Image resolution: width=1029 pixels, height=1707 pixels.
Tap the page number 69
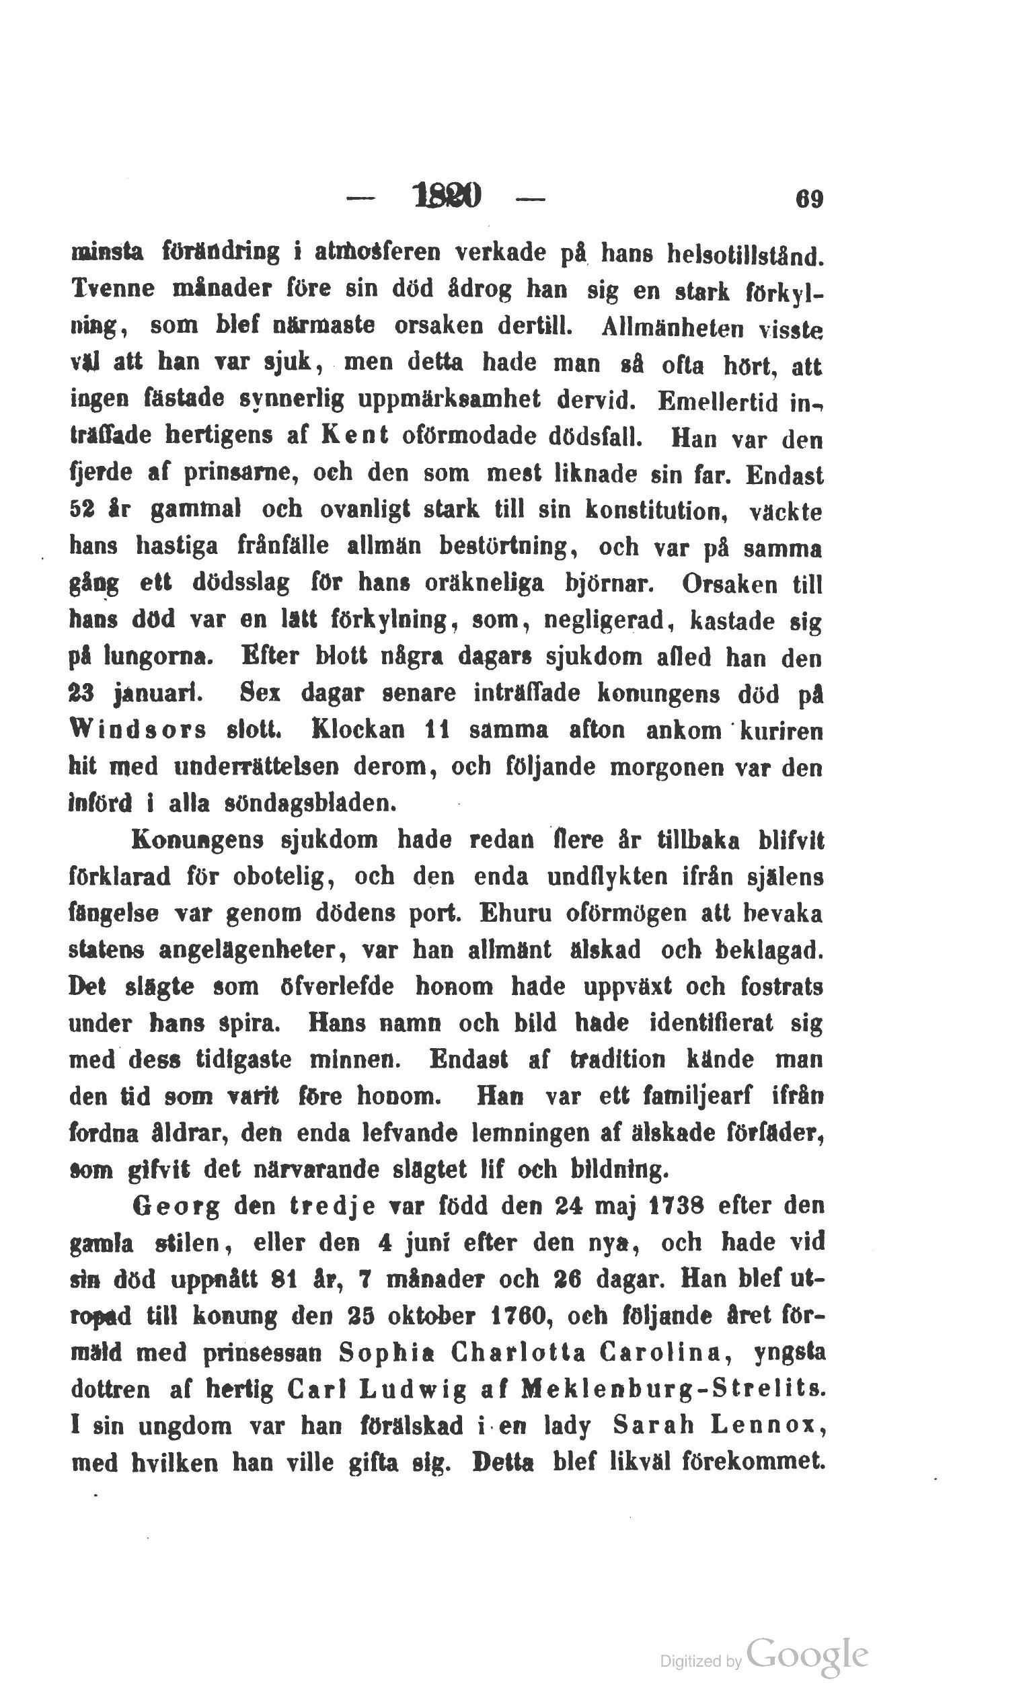pos(808,200)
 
